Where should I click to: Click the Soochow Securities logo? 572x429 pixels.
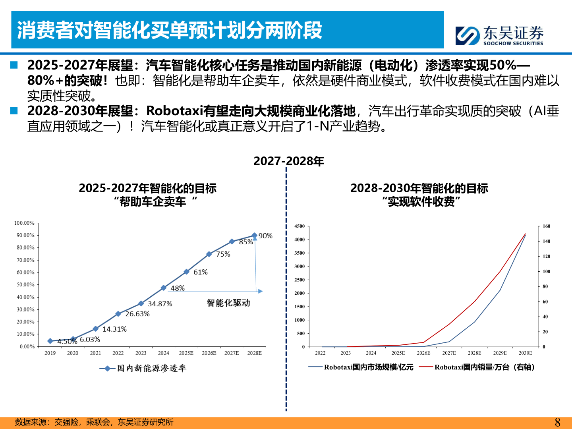pos(499,36)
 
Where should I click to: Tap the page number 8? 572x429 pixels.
pos(557,422)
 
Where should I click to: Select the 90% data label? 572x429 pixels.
pos(265,236)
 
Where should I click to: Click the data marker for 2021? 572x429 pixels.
pos(95,329)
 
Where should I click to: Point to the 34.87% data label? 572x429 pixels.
pos(160,304)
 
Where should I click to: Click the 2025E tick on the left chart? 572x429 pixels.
pos(186,353)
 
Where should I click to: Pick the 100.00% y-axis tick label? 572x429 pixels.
pos(24,223)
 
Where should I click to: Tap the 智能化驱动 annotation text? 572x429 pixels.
pos(228,303)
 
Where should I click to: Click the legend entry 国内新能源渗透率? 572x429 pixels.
pos(143,369)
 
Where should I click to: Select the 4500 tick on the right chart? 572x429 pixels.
pos(300,226)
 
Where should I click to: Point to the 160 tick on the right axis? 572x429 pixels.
pos(547,226)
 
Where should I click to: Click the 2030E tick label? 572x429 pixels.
pos(525,353)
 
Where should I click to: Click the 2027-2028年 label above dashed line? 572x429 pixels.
pos(289,161)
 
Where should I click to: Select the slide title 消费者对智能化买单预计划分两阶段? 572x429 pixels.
pos(170,31)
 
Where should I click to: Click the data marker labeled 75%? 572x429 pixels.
pos(209,254)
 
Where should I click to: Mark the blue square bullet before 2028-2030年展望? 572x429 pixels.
pos(14,110)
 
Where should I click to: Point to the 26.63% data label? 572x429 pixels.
pos(137,314)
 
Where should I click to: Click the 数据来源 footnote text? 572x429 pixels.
pos(94,422)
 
